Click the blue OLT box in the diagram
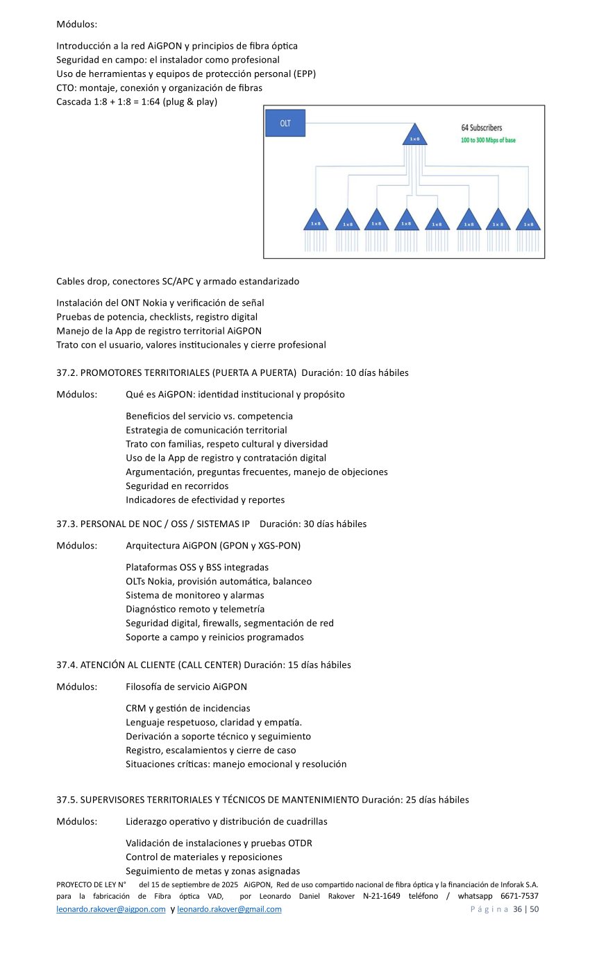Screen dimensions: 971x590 285,123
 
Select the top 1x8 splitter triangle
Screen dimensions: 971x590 414,136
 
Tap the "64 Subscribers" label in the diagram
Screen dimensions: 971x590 482,128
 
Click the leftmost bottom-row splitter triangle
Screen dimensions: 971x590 316,221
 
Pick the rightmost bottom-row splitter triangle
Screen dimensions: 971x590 529,221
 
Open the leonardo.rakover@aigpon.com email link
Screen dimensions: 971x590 110,909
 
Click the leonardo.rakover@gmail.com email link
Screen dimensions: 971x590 229,909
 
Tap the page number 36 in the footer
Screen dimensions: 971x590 517,909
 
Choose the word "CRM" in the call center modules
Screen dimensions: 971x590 135,708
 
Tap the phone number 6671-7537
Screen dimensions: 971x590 519,896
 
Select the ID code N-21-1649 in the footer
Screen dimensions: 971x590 382,896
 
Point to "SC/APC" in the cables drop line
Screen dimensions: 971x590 174,282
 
